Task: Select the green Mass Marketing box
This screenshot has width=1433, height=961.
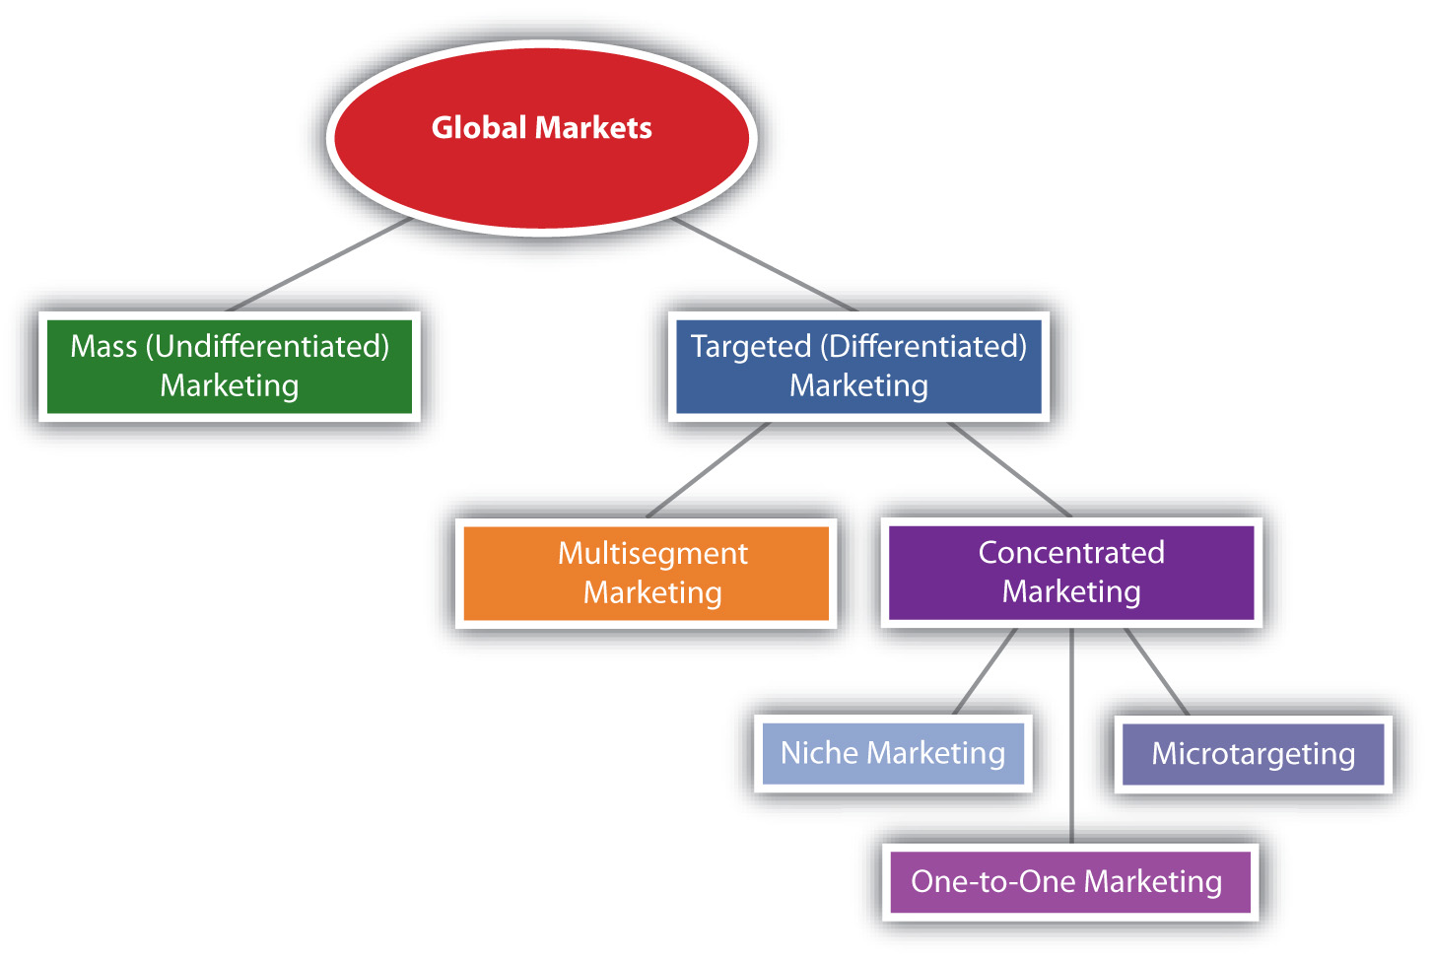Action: click(230, 366)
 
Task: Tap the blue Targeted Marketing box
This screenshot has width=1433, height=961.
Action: click(858, 366)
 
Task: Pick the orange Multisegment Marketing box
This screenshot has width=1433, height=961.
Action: click(646, 573)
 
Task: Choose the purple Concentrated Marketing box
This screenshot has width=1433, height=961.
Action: click(1071, 572)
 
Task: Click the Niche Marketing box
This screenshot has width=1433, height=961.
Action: click(893, 753)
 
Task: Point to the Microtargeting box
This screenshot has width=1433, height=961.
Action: click(1253, 754)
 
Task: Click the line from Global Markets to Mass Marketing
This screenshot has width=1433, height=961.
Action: click(317, 265)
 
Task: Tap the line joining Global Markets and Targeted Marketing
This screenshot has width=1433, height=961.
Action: click(766, 265)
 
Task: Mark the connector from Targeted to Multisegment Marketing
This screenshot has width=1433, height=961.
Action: click(708, 470)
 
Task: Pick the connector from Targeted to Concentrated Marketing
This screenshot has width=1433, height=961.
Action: click(1009, 470)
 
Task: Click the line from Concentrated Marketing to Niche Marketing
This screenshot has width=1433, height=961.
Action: click(985, 672)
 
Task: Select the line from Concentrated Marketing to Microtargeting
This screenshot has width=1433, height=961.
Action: click(1156, 672)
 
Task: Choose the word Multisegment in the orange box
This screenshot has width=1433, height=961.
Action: click(652, 553)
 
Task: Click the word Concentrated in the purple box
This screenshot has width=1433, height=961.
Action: click(1071, 552)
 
